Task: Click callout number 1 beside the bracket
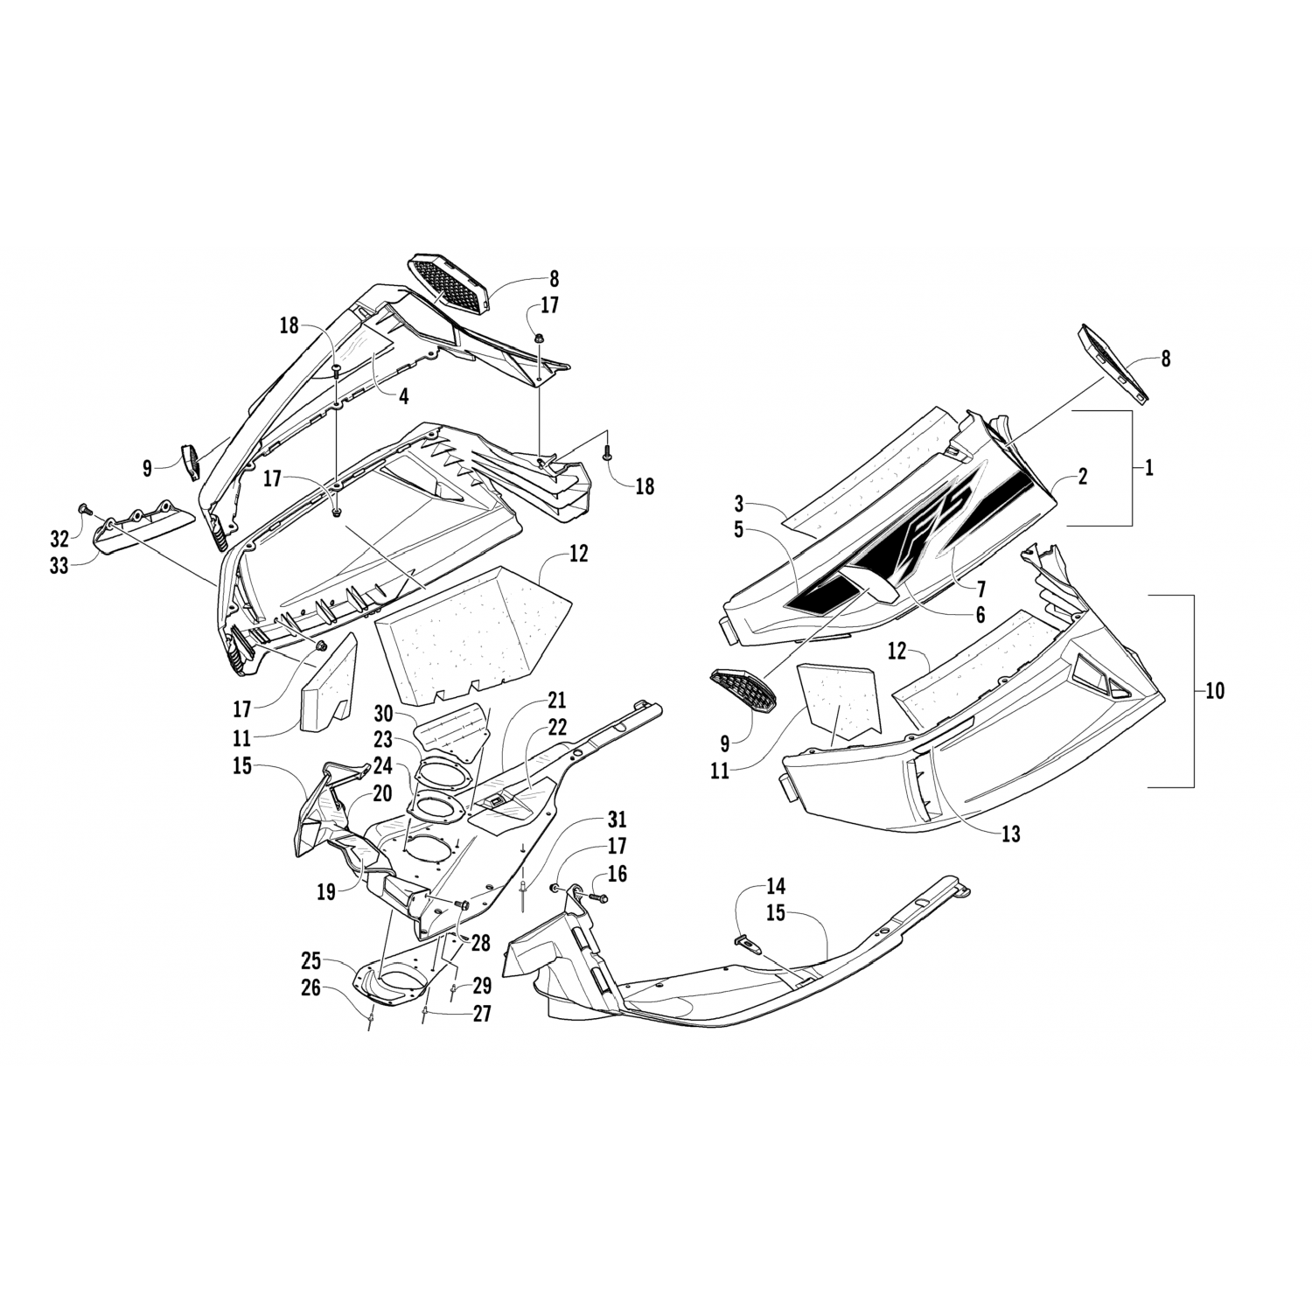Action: pos(1148,468)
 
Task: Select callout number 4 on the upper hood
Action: pos(403,395)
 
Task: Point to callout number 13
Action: pos(1010,834)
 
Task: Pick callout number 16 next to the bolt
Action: pos(618,875)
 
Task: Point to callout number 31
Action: pos(618,820)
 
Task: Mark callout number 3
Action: pos(739,505)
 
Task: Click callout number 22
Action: pos(556,727)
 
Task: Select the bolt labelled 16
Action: pos(596,897)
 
